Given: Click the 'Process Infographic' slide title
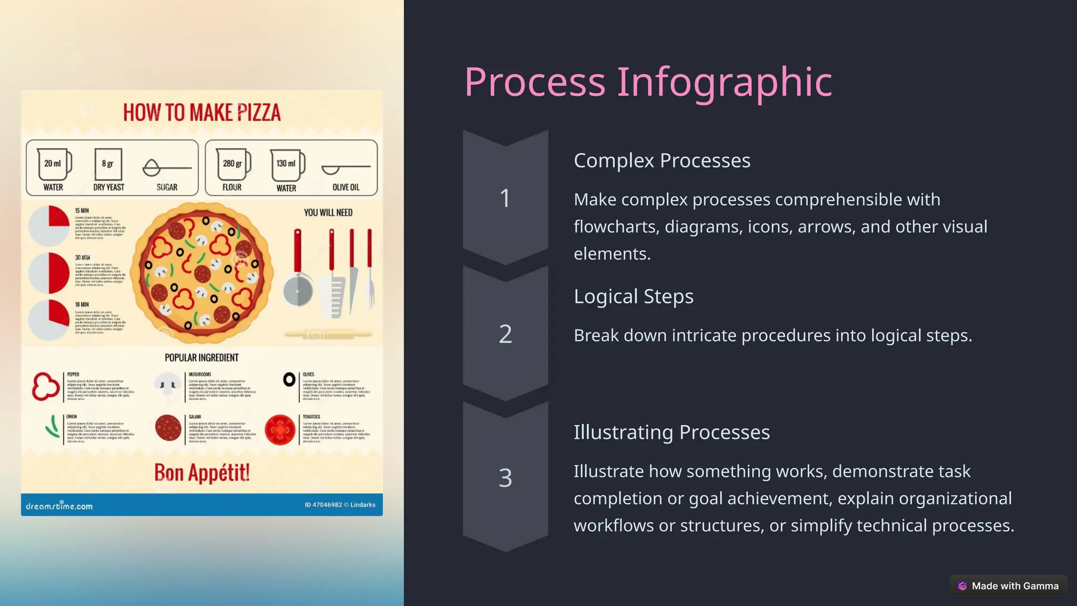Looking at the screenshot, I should (x=648, y=82).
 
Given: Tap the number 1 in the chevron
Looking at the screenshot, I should (x=505, y=198).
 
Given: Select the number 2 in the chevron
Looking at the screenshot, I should (x=505, y=334).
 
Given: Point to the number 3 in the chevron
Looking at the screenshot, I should (x=505, y=478).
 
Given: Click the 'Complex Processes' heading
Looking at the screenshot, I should (x=662, y=160).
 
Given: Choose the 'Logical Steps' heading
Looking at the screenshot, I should (x=633, y=296).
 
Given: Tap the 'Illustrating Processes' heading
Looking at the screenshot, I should (x=671, y=432).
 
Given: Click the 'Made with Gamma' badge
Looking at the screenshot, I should (x=1008, y=586).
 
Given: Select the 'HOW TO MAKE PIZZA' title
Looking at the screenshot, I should (x=202, y=113).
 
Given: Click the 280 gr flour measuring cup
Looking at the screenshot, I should (x=233, y=165).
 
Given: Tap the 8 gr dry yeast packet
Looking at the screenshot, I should (x=108, y=164).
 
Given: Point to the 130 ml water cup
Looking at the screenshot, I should (x=287, y=165).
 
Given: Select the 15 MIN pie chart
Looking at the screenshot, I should (x=49, y=225).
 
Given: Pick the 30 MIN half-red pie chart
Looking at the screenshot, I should (x=49, y=272).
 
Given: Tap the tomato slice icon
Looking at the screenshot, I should (x=280, y=430).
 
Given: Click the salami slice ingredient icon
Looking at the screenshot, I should (x=168, y=428).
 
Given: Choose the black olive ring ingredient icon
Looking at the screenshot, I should (x=289, y=379).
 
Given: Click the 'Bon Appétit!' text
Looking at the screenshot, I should (x=202, y=473).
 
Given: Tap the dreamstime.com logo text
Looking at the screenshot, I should (x=59, y=506).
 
